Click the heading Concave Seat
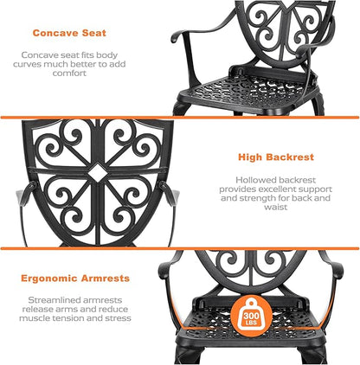tap(68, 34)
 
